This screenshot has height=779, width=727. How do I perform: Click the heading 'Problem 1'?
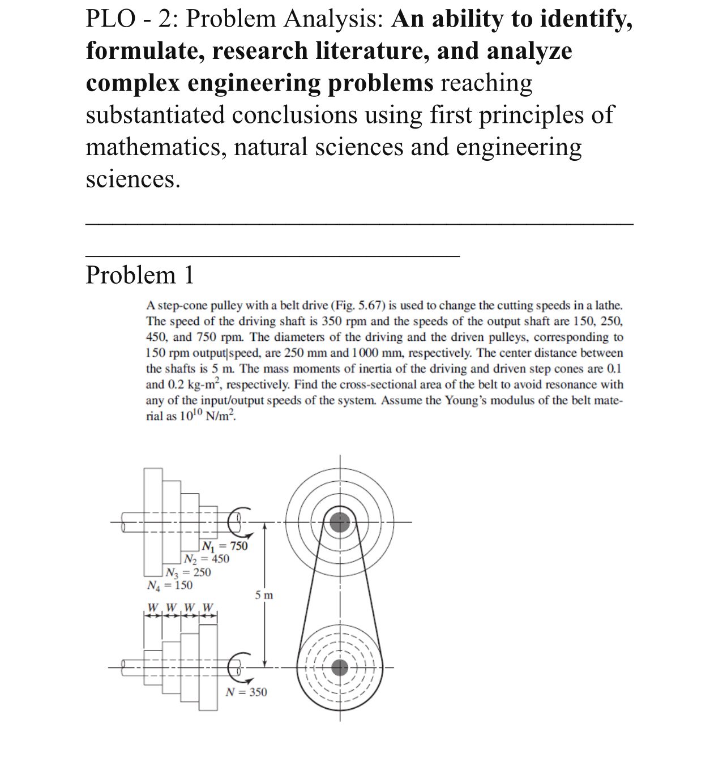coord(140,275)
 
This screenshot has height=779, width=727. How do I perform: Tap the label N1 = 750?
coord(225,546)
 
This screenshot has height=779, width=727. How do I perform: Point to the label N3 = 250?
coord(188,572)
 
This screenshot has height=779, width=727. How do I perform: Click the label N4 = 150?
coord(169,585)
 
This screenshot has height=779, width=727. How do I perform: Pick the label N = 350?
coord(246,692)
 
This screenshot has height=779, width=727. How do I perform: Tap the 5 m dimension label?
coord(264,595)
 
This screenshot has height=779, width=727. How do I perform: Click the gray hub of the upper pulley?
coord(340,522)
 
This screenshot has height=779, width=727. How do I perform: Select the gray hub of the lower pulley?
coord(340,668)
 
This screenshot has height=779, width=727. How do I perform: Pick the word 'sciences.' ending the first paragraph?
coord(133,179)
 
